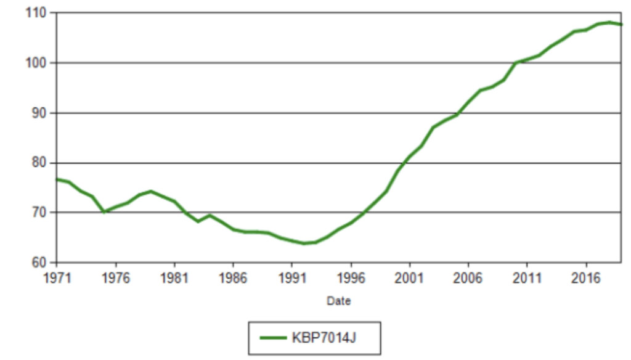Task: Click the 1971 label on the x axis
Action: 57,277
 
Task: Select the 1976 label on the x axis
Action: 115,277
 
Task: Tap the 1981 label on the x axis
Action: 174,277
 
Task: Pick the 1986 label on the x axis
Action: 233,277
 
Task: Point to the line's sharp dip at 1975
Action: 104,211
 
